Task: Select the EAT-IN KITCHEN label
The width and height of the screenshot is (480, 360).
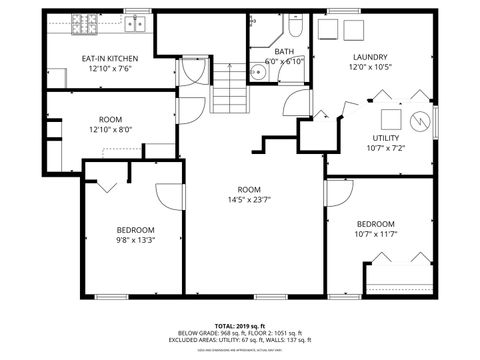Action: [109, 58]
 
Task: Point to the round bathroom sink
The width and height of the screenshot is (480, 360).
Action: [258, 70]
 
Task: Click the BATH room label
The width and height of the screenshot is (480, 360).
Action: [285, 52]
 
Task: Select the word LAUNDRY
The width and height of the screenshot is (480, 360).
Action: [370, 57]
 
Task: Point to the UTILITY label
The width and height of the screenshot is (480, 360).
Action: [386, 137]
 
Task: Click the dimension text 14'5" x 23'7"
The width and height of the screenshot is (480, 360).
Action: [248, 199]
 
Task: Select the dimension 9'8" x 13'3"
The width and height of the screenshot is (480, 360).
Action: [135, 240]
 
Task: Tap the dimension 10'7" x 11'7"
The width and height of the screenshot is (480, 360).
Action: [376, 234]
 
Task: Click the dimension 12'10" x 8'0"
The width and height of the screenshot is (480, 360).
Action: [110, 129]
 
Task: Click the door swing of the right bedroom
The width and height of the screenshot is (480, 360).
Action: [340, 192]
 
